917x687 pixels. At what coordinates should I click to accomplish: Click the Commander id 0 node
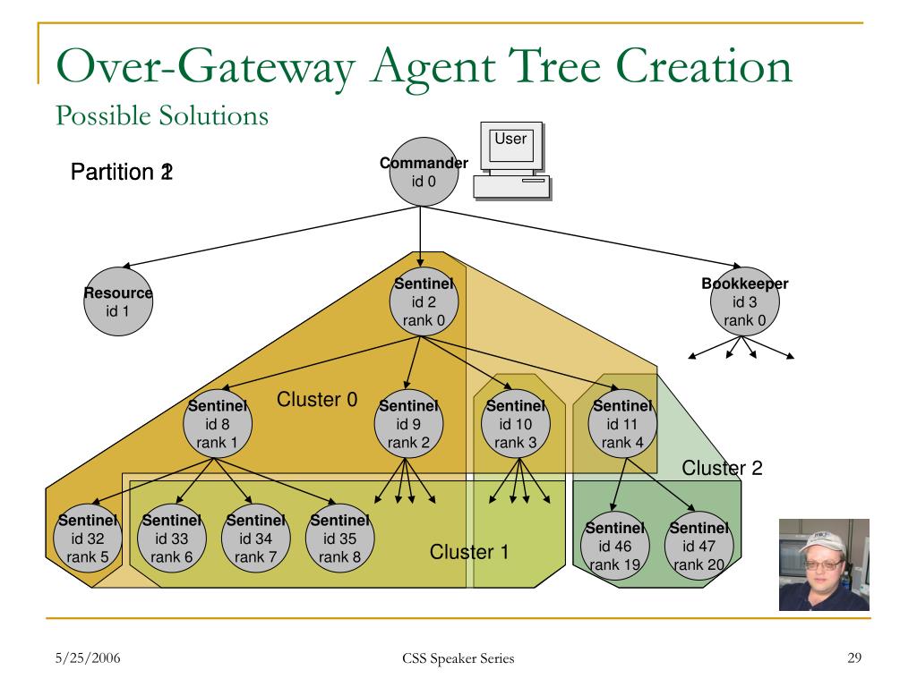pyautogui.click(x=423, y=172)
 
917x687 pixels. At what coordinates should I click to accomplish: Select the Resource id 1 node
pyautogui.click(x=118, y=302)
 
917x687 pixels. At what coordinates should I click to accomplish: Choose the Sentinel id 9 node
pyautogui.click(x=408, y=424)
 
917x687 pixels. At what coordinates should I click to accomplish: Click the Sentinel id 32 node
pyautogui.click(x=87, y=539)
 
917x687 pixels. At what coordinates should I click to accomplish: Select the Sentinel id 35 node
pyautogui.click(x=339, y=539)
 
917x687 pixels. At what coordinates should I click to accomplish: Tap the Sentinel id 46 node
pyautogui.click(x=615, y=547)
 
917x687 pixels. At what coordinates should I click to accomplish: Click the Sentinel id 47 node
pyautogui.click(x=699, y=547)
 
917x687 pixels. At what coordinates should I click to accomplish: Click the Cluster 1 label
pyautogui.click(x=469, y=552)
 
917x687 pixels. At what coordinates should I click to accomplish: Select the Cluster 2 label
pyautogui.click(x=722, y=468)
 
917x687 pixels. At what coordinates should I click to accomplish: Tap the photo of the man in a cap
pyautogui.click(x=824, y=564)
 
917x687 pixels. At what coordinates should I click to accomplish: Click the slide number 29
pyautogui.click(x=853, y=659)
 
